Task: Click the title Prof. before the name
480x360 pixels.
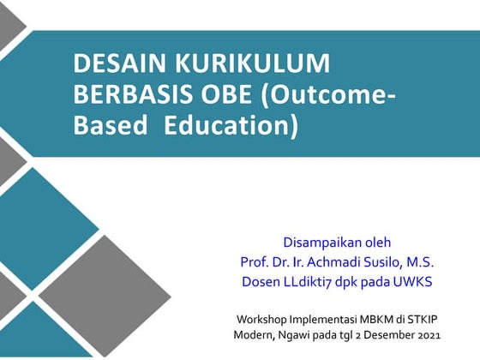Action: [x=255, y=261]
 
